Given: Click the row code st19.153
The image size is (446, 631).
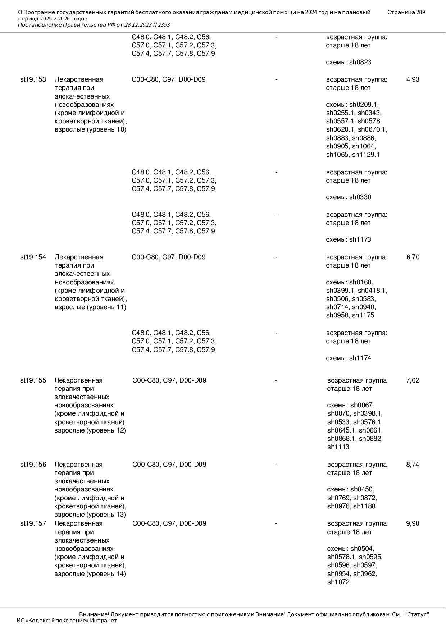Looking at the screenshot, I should point(33,79).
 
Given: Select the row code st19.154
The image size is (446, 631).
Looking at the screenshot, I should point(33,257).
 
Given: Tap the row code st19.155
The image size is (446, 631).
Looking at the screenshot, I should point(33,380).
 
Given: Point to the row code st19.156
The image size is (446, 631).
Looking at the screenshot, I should point(33,465).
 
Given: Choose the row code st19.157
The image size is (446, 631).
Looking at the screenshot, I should point(33,523).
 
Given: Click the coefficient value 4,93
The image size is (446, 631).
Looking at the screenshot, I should point(413,79).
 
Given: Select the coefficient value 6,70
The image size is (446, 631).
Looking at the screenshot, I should point(413,257).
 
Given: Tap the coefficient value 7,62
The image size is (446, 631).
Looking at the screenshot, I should point(413,380).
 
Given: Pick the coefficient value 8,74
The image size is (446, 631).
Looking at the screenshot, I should point(413,465).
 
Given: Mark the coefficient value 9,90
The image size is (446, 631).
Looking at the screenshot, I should point(413,523).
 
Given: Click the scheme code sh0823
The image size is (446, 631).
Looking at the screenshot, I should point(360,62).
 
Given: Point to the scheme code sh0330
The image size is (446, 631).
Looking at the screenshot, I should point(360,197).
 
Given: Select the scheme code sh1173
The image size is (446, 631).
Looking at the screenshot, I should point(360,239).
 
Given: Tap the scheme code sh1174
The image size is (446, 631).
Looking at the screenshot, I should point(360,358).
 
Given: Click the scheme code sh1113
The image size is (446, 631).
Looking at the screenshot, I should point(338,447).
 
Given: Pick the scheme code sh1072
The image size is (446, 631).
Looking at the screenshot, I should point(338,582).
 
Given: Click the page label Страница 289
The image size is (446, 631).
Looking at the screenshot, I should point(406,12).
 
